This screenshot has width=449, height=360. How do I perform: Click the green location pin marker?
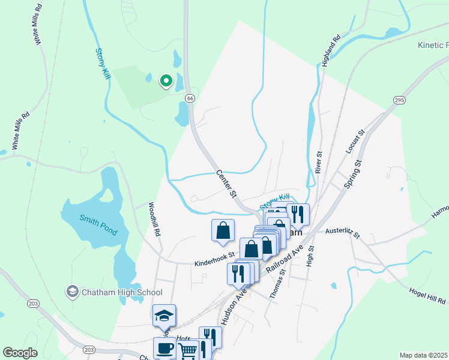(166, 80)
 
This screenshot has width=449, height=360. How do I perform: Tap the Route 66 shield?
(190, 98)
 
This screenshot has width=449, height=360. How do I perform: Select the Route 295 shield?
(399, 99)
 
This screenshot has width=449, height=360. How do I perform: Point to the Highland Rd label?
(330, 50)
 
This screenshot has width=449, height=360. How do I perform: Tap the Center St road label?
(227, 184)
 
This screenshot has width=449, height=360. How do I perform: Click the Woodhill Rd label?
(155, 218)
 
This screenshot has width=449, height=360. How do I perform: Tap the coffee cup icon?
(164, 348)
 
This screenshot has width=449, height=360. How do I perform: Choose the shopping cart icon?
(188, 351)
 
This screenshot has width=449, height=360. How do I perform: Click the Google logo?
(20, 353)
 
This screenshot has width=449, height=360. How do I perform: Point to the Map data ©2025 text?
(423, 355)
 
